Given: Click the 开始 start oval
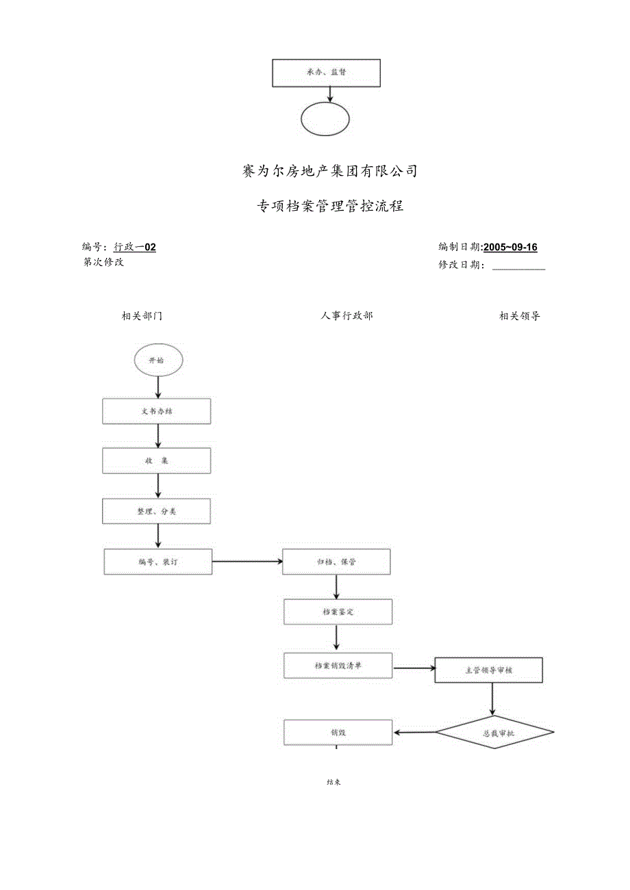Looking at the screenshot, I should [158, 360].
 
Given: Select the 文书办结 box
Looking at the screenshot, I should [157, 411].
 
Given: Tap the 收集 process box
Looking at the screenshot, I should [157, 461].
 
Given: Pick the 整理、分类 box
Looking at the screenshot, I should [157, 511].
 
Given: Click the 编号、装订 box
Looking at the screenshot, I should [158, 562].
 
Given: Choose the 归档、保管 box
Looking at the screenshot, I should [337, 562].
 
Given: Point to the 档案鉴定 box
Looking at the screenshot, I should [338, 612].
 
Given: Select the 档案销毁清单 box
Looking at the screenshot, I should [338, 665].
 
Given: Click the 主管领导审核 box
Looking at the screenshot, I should [489, 670].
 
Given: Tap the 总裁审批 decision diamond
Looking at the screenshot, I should [494, 733].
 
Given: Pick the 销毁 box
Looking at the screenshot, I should [338, 732].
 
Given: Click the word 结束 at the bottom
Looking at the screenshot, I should [334, 782].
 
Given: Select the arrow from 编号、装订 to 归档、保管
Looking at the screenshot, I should [247, 562].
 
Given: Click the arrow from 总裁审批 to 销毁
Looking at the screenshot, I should [414, 733].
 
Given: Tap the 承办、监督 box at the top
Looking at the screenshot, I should [326, 73].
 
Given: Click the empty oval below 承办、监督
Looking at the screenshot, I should [325, 119].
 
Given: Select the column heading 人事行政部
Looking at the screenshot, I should [346, 316].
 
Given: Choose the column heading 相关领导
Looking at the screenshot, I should [520, 316].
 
